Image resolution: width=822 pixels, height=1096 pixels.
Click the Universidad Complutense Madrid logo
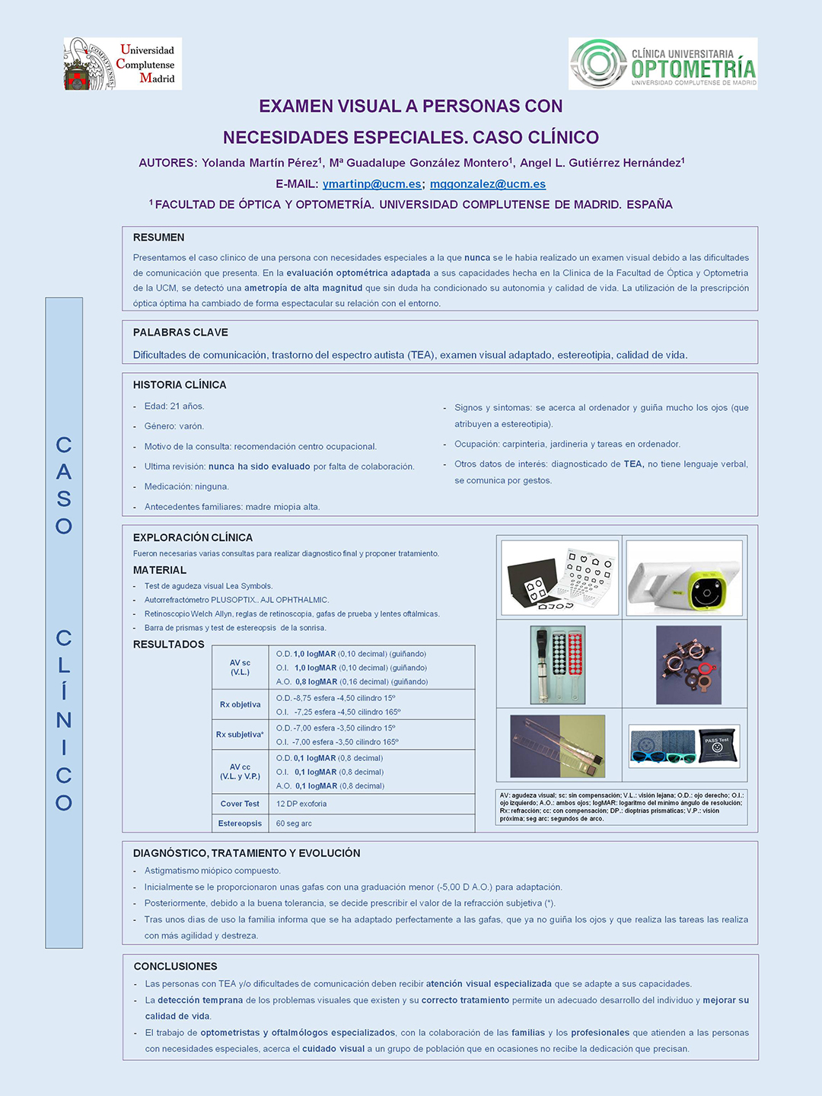pyautogui.click(x=123, y=64)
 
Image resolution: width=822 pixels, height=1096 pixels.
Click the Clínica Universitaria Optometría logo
pyautogui.click(x=663, y=64)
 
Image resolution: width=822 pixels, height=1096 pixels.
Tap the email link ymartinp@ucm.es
pyautogui.click(x=371, y=184)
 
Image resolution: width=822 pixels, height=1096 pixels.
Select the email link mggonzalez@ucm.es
pyautogui.click(x=488, y=184)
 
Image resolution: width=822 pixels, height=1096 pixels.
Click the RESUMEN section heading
pyautogui.click(x=158, y=237)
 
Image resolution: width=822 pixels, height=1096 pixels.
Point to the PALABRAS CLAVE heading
pyautogui.click(x=180, y=333)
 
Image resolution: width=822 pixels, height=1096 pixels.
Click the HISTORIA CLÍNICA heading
pyautogui.click(x=180, y=385)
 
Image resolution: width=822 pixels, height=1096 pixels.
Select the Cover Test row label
pyautogui.click(x=240, y=804)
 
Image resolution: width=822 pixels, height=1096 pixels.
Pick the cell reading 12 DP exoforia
pyautogui.click(x=301, y=804)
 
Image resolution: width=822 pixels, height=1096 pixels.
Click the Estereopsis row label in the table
pyautogui.click(x=240, y=824)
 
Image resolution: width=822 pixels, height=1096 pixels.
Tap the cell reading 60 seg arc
pyautogui.click(x=294, y=824)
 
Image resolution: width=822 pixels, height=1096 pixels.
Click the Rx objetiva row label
pyautogui.click(x=240, y=705)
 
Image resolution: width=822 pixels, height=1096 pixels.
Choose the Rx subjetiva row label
pyautogui.click(x=240, y=734)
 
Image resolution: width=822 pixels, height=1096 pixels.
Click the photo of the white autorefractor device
pyautogui.click(x=683, y=578)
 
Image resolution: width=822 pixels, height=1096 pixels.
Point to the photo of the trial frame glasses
pyautogui.click(x=688, y=665)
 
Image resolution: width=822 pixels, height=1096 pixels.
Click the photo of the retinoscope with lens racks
pyautogui.click(x=558, y=665)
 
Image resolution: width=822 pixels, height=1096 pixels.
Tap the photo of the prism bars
pyautogui.click(x=558, y=746)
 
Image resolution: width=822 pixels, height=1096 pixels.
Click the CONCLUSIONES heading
pyautogui.click(x=175, y=967)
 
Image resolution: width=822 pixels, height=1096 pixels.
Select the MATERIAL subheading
pyautogui.click(x=160, y=570)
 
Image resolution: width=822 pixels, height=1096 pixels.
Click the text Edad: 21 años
pyautogui.click(x=174, y=406)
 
